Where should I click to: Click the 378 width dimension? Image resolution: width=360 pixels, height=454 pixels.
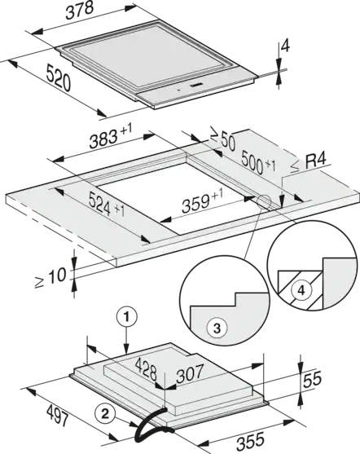pyautogui.click(x=80, y=11)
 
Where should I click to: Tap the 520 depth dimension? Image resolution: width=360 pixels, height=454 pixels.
pyautogui.click(x=58, y=78)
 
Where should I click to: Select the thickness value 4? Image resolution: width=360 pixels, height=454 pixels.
pyautogui.click(x=285, y=46)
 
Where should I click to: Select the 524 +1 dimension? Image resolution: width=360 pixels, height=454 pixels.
pyautogui.click(x=107, y=204)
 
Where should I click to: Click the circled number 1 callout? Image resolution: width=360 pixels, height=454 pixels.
pyautogui.click(x=126, y=318)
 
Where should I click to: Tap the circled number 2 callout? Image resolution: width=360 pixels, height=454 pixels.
pyautogui.click(x=105, y=414)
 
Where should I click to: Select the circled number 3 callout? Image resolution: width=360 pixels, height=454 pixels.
pyautogui.click(x=217, y=328)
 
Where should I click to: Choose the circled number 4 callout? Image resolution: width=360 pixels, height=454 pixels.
pyautogui.click(x=301, y=290)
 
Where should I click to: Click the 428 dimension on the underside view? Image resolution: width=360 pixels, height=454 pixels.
pyautogui.click(x=147, y=369)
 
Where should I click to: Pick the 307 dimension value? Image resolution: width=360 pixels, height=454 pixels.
pyautogui.click(x=191, y=373)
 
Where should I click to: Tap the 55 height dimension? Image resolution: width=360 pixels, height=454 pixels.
pyautogui.click(x=312, y=379)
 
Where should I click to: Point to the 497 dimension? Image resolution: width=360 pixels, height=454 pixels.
pyautogui.click(x=58, y=415)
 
